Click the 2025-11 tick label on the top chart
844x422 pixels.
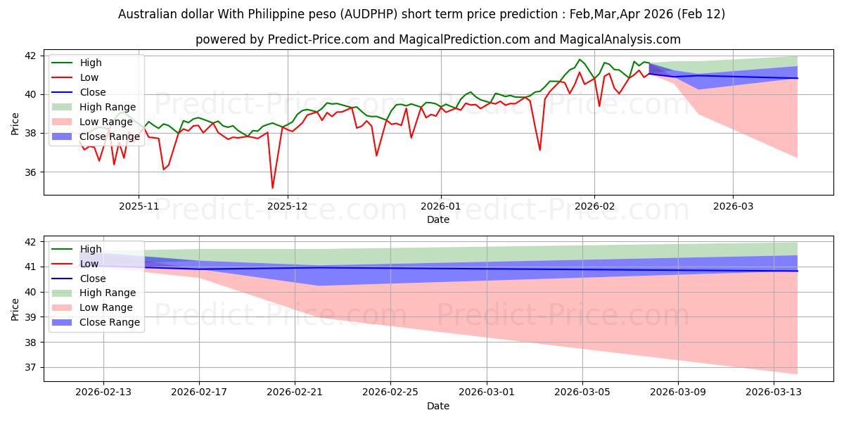click(139, 207)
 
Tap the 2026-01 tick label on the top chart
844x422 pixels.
click(441, 207)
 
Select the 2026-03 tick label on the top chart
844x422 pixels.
click(733, 207)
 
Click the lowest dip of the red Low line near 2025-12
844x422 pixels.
click(273, 188)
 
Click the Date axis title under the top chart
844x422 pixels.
click(437, 219)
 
